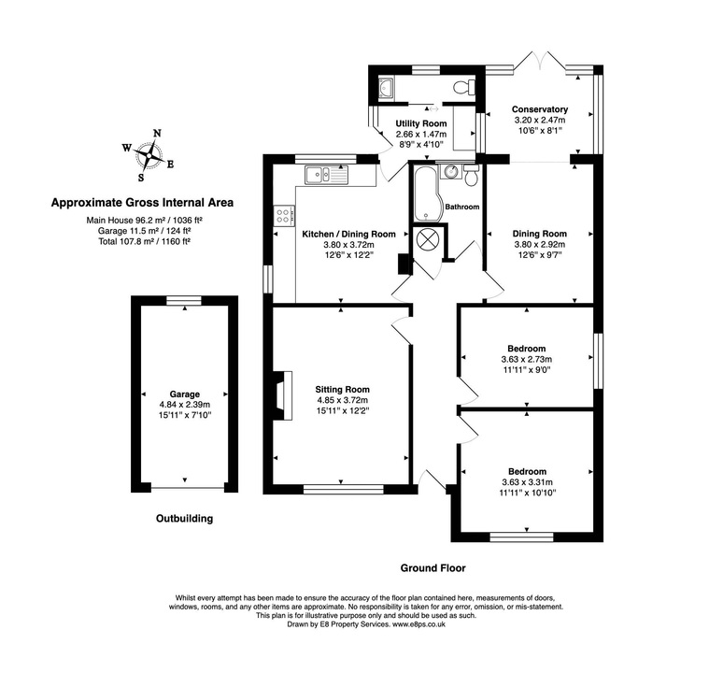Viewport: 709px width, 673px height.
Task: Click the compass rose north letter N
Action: coord(157,133)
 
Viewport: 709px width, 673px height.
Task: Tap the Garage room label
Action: coord(185,394)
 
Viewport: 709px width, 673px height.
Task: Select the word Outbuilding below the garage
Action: coord(184,518)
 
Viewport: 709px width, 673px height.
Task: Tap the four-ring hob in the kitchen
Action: coord(281,216)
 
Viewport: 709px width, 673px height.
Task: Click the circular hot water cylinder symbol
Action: coord(428,238)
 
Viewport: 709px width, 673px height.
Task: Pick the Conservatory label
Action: coord(540,109)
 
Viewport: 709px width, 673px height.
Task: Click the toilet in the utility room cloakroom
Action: coord(461,87)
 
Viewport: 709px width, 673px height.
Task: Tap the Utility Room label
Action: coord(420,123)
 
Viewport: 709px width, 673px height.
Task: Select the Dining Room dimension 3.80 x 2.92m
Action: coord(540,245)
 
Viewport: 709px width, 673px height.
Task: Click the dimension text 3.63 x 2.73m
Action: coord(527,359)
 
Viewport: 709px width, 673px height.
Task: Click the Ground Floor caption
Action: coord(432,567)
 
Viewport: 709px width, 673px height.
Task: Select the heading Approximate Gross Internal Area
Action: coord(142,201)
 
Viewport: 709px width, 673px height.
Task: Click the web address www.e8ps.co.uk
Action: coord(418,624)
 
